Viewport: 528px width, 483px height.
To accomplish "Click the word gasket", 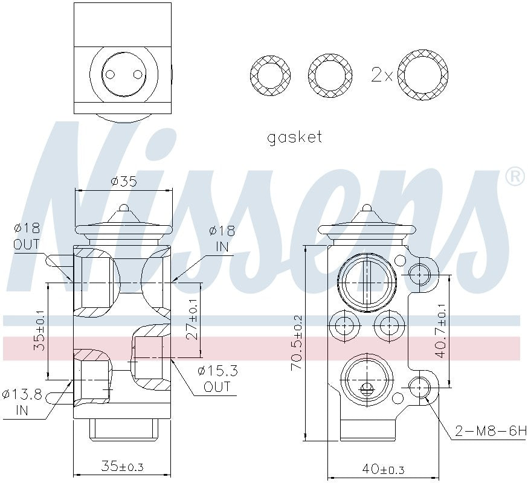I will click(x=295, y=137).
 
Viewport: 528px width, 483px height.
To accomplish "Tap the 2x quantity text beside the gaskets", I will click(x=382, y=75).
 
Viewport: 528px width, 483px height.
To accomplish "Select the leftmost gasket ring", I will click(x=270, y=75).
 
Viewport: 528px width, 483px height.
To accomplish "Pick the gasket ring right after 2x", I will click(x=427, y=75).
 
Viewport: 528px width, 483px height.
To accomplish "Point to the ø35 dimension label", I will click(x=123, y=181).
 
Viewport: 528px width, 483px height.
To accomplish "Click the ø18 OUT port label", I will click(x=27, y=236).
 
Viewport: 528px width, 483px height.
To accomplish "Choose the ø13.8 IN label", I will click(x=22, y=403).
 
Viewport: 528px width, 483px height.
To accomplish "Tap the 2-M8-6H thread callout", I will click(x=490, y=432).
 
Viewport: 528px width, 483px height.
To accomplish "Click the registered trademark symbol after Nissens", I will click(x=514, y=177).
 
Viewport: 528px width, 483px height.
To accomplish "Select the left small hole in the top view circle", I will click(x=109, y=74).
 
